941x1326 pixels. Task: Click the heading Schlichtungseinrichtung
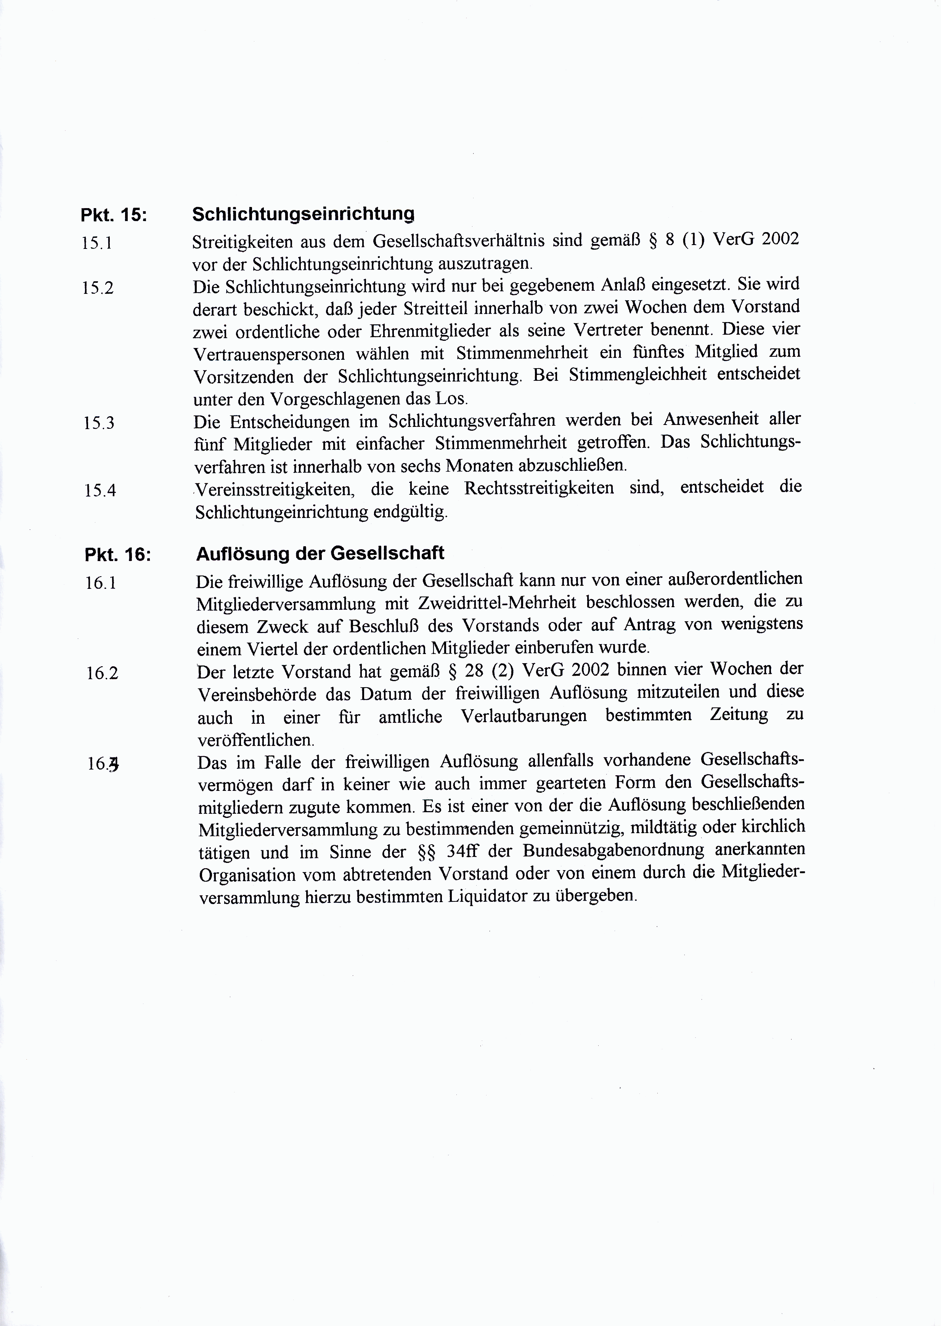pos(303,214)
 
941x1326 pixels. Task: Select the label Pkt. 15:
pos(114,215)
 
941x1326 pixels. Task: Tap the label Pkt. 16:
pos(117,555)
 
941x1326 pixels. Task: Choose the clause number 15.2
pos(97,288)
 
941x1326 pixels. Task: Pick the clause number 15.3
pos(98,423)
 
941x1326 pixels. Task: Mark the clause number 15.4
pos(100,491)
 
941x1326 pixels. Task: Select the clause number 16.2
pos(102,673)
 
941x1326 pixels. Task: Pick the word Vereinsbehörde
pos(257,694)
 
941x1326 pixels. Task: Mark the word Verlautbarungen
pos(524,717)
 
